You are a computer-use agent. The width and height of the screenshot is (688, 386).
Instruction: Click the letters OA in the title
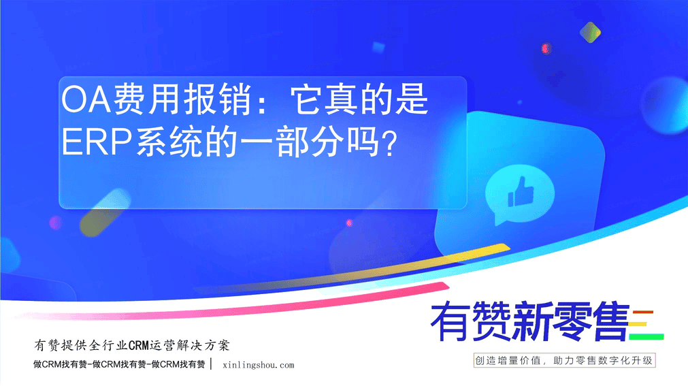pos(86,99)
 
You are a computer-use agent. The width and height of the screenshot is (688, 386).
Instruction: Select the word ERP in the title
pos(97,142)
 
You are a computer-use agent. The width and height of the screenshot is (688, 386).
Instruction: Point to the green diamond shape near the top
pos(590,32)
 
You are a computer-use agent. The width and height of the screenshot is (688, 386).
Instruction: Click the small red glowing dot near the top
pos(546,48)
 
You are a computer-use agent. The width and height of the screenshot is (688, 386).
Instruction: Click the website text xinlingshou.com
pos(259,365)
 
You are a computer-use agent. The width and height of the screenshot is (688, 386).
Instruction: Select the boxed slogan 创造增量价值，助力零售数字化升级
pos(564,361)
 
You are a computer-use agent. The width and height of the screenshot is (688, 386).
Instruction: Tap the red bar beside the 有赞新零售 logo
pos(643,312)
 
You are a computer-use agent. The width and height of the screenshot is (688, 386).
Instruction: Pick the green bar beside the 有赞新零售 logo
pos(646,337)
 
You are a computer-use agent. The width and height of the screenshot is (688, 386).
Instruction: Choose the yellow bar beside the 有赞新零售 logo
pos(638,325)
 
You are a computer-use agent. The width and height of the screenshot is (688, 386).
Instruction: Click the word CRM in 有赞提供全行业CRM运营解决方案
pos(139,346)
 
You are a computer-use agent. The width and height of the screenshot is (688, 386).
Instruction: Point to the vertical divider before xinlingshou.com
pos(212,364)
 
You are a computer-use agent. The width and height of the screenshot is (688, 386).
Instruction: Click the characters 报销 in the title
pos(219,99)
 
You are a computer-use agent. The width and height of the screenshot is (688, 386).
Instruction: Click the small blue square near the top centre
pos(378,47)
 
